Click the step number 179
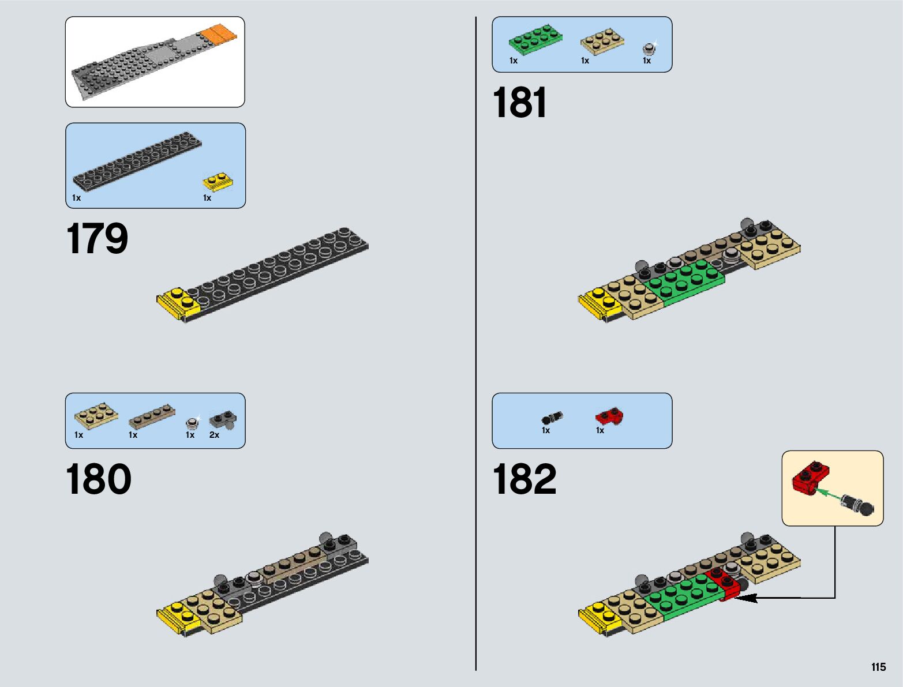click(x=97, y=239)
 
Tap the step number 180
click(x=98, y=479)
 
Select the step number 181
click(x=519, y=103)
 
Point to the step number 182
click(x=524, y=479)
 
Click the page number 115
click(x=878, y=667)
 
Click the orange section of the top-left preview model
click(x=219, y=34)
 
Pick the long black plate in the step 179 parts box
click(x=137, y=160)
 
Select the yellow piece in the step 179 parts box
click(x=218, y=182)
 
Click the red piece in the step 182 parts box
click(x=609, y=416)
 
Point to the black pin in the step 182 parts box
click(x=552, y=418)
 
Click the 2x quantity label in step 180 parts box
click(x=214, y=435)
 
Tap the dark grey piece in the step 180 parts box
click(x=223, y=419)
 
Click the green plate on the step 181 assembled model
click(x=685, y=283)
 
